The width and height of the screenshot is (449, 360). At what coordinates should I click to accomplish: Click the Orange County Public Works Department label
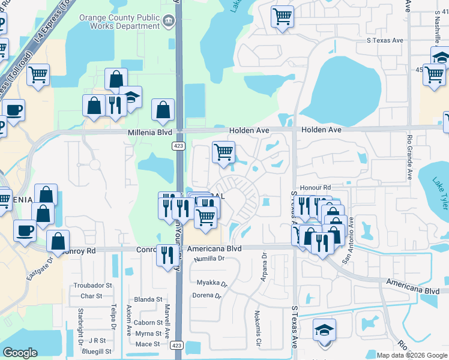[x=119, y=22]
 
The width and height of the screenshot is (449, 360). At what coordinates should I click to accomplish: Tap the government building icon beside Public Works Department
[x=169, y=22]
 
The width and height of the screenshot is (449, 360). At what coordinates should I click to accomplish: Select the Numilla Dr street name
[x=209, y=259]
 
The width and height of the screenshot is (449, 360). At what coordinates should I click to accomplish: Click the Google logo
[x=20, y=353]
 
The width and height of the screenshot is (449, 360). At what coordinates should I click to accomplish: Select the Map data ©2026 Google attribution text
[x=412, y=355]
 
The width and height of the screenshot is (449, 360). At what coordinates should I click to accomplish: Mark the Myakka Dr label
[x=212, y=282]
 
